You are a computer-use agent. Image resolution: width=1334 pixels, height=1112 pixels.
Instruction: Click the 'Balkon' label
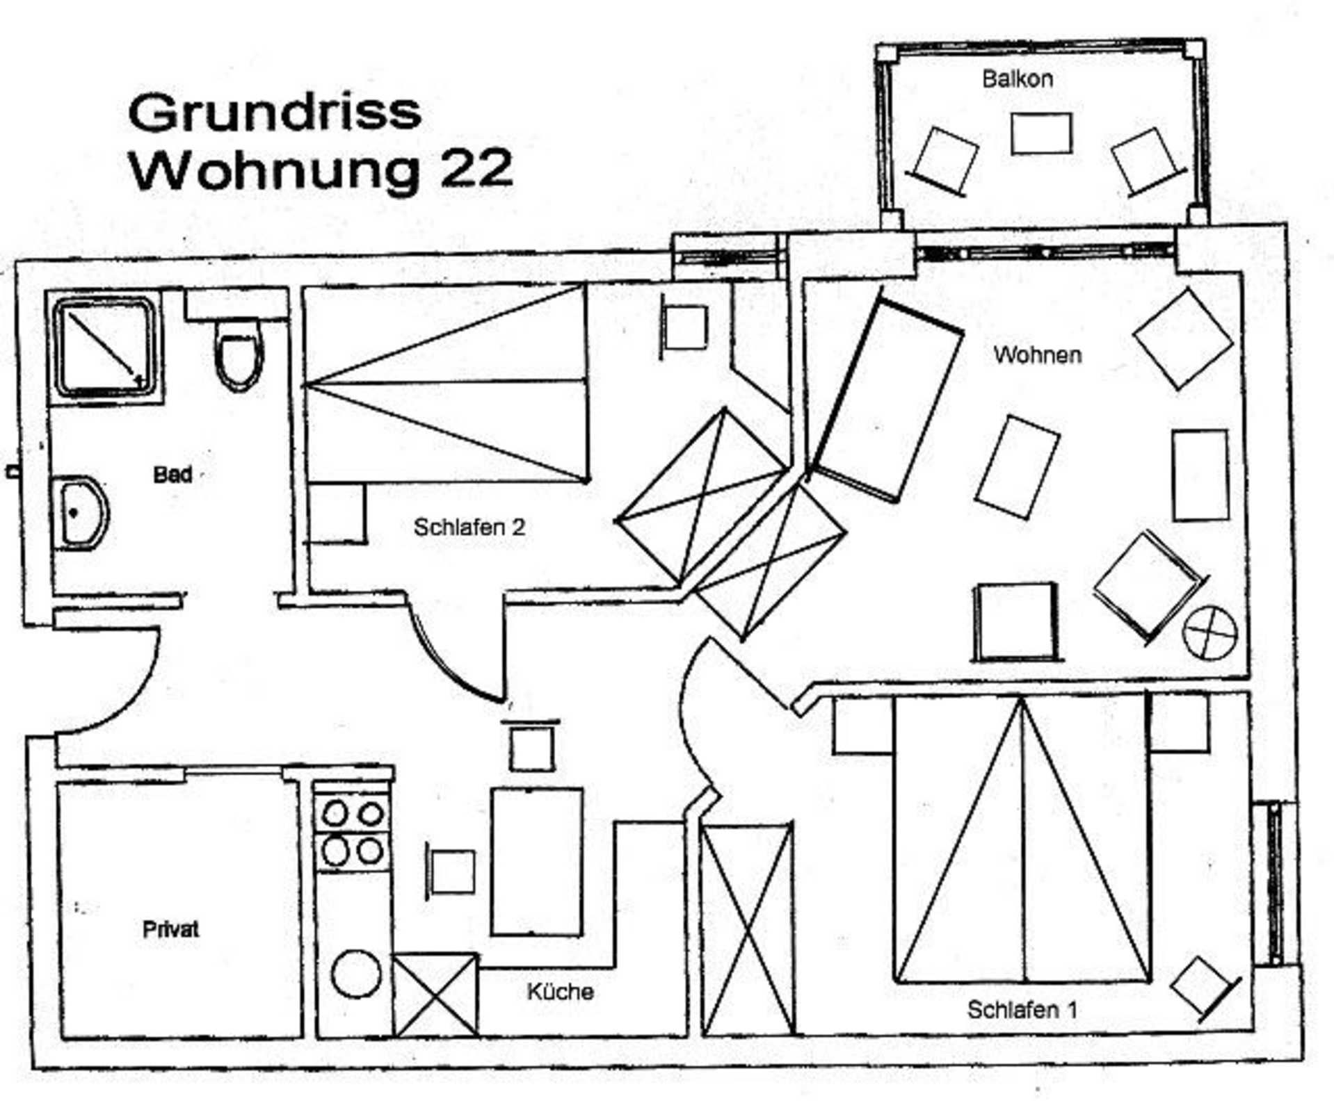point(1017,79)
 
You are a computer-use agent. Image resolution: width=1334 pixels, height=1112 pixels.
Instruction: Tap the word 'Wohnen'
point(1037,355)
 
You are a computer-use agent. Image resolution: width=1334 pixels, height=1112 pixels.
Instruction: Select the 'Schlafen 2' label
point(469,528)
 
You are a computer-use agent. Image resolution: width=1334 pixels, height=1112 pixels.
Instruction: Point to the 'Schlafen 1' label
point(1022,1010)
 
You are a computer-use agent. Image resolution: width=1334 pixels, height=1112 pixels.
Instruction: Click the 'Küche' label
point(560,992)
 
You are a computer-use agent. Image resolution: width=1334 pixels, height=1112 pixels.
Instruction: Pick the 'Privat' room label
point(170,930)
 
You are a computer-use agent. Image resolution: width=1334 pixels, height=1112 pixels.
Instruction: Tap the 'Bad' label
point(172,475)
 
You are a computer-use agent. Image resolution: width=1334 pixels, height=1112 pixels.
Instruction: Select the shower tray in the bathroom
point(105,347)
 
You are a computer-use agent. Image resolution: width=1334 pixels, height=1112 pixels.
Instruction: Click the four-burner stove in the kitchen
point(352,831)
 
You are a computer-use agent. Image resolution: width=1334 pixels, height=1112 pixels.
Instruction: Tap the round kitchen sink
point(356,974)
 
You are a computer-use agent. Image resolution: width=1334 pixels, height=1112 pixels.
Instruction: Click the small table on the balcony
point(1040,133)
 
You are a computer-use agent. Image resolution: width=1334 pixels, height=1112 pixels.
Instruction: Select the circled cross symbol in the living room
point(1210,634)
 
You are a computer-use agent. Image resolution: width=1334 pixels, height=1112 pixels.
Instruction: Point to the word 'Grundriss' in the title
point(275,113)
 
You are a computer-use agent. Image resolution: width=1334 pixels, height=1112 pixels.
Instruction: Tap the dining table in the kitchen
point(536,862)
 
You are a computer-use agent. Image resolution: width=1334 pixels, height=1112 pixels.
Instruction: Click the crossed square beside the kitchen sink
point(435,996)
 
